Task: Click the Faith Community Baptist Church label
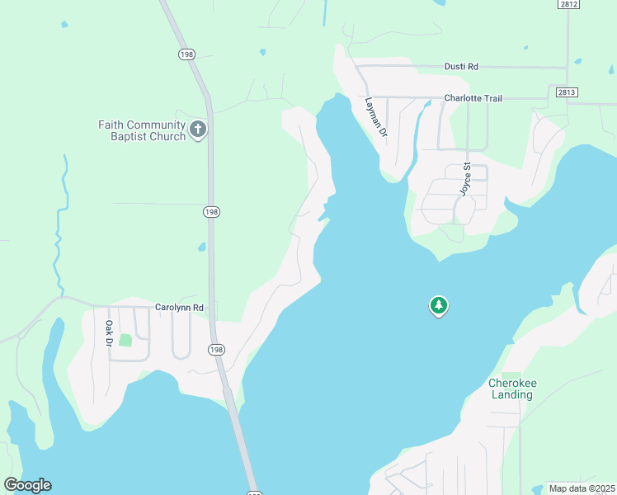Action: pyautogui.click(x=141, y=130)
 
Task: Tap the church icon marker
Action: pyautogui.click(x=198, y=130)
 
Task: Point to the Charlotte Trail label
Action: pyautogui.click(x=473, y=98)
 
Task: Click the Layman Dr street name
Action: pyautogui.click(x=375, y=117)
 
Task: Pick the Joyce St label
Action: pyautogui.click(x=465, y=178)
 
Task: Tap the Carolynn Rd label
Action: pyautogui.click(x=180, y=307)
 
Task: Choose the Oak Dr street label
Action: pyautogui.click(x=108, y=333)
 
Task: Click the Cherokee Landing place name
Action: pyautogui.click(x=511, y=389)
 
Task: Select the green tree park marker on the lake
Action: pyautogui.click(x=439, y=306)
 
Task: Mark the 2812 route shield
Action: pyautogui.click(x=568, y=4)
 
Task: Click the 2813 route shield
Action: pyautogui.click(x=565, y=92)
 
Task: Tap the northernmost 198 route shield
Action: pyautogui.click(x=186, y=54)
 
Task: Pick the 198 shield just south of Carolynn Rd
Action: pyautogui.click(x=216, y=350)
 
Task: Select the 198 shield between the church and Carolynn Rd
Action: pyautogui.click(x=211, y=212)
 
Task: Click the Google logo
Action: pyautogui.click(x=27, y=484)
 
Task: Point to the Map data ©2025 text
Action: pyautogui.click(x=581, y=488)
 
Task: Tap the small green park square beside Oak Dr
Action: pyautogui.click(x=125, y=340)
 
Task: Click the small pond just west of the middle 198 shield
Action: pyautogui.click(x=201, y=246)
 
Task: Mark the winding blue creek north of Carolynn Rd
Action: pyautogui.click(x=60, y=223)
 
